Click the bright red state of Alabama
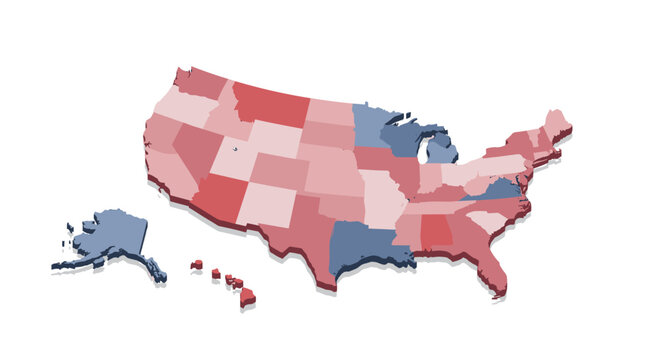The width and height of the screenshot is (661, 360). (x=436, y=235)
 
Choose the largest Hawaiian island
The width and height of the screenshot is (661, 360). (x=247, y=297)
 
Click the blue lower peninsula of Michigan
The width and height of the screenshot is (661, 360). (x=441, y=150)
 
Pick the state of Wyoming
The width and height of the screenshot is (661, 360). (x=275, y=139)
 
